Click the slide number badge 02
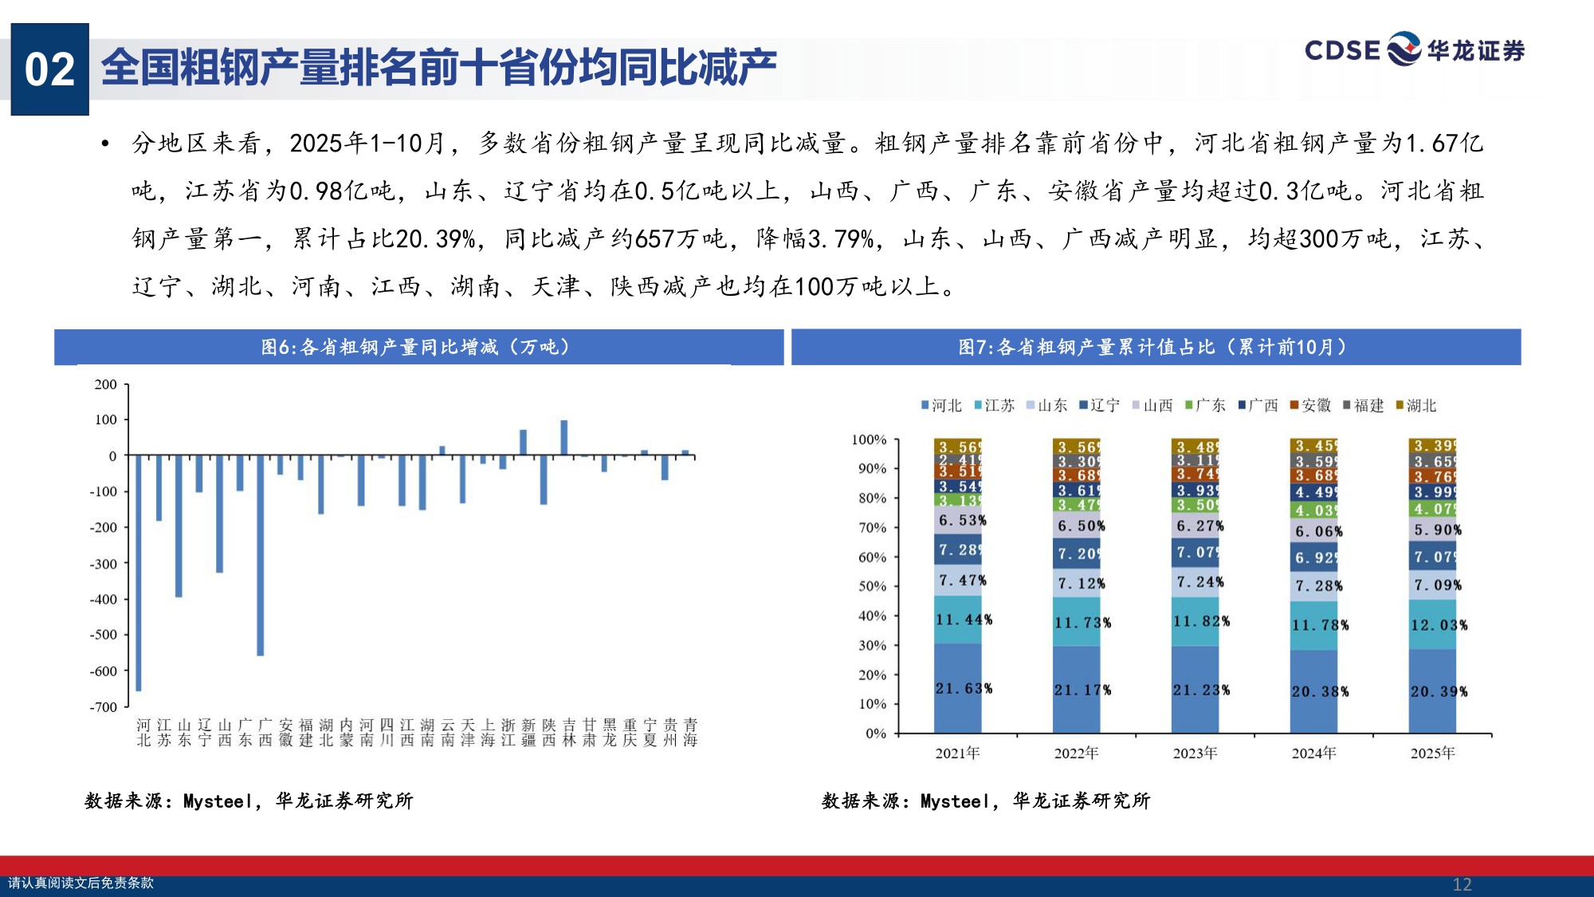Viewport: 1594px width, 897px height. [x=49, y=69]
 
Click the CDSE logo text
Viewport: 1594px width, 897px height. [x=1342, y=50]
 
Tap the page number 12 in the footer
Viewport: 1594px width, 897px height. [x=1462, y=884]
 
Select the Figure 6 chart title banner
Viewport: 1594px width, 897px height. [x=418, y=347]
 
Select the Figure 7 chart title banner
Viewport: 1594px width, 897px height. [x=1155, y=347]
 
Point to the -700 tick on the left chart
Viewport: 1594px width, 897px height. [x=104, y=707]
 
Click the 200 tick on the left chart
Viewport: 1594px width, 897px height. [x=106, y=384]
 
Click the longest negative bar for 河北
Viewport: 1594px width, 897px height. [x=139, y=572]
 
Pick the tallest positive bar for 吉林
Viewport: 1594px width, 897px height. [x=564, y=438]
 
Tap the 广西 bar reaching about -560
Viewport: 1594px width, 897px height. [x=261, y=555]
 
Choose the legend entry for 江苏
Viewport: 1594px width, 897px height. [x=995, y=406]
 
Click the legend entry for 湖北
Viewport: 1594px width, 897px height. [x=1416, y=406]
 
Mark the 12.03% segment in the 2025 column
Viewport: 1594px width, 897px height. [x=1433, y=625]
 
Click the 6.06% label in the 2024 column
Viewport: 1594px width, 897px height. [x=1318, y=531]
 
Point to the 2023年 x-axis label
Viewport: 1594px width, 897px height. [x=1195, y=753]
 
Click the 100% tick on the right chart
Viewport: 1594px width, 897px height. [x=869, y=440]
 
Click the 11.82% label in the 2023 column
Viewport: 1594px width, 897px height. [x=1200, y=620]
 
